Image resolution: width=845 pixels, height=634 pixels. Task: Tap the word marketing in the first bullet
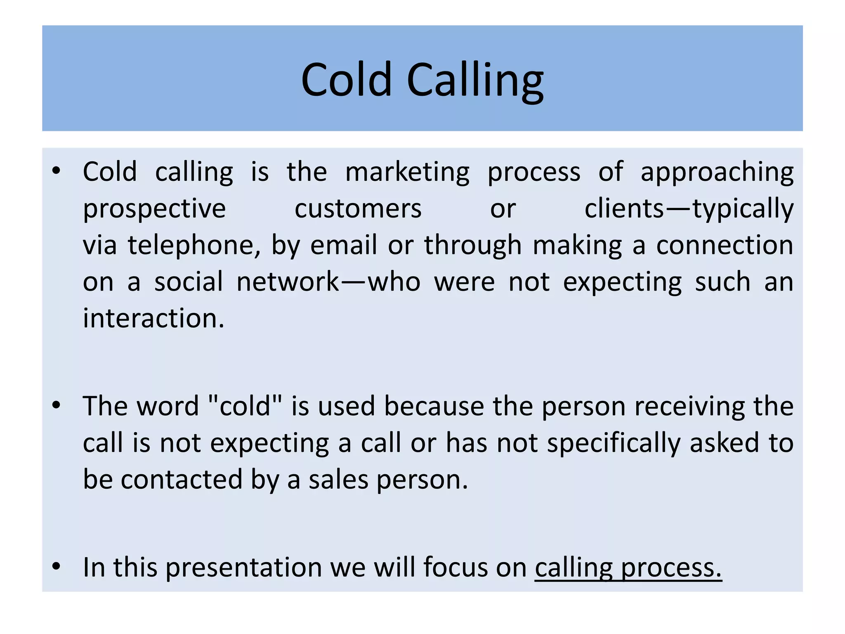407,172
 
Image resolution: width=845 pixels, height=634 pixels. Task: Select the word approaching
717,172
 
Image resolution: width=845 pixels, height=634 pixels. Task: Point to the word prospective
154,209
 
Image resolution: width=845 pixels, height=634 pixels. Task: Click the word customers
358,209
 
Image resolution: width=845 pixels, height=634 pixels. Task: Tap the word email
343,246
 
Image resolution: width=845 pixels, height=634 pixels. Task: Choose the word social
189,282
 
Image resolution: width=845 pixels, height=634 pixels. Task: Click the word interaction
153,319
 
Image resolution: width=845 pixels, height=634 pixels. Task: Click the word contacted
182,480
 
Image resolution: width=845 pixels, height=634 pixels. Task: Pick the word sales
338,480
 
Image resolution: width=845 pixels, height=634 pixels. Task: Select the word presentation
243,567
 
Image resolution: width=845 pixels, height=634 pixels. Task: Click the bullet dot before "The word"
57,405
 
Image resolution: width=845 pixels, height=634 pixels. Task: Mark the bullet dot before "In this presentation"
57,566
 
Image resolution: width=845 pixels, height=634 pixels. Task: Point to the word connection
725,246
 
